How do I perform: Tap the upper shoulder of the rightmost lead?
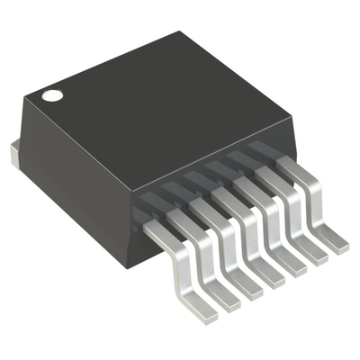pyautogui.click(x=292, y=168)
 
